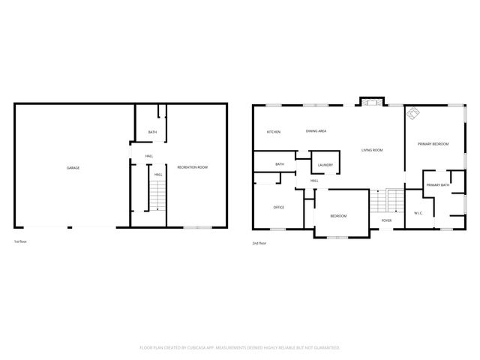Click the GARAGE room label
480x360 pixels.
73,168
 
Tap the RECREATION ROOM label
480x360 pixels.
192,167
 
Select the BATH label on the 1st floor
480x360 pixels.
152,133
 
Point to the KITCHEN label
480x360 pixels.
274,132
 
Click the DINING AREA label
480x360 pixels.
316,131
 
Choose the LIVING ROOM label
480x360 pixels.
372,150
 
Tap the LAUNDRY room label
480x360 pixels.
325,165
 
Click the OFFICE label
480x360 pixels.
278,207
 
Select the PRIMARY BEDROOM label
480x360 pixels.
433,143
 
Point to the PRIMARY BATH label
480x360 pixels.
438,184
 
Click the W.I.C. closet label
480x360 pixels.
418,213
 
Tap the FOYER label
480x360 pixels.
386,220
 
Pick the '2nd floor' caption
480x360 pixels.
259,243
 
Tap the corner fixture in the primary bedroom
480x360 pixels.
413,114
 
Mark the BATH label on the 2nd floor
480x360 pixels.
280,164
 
